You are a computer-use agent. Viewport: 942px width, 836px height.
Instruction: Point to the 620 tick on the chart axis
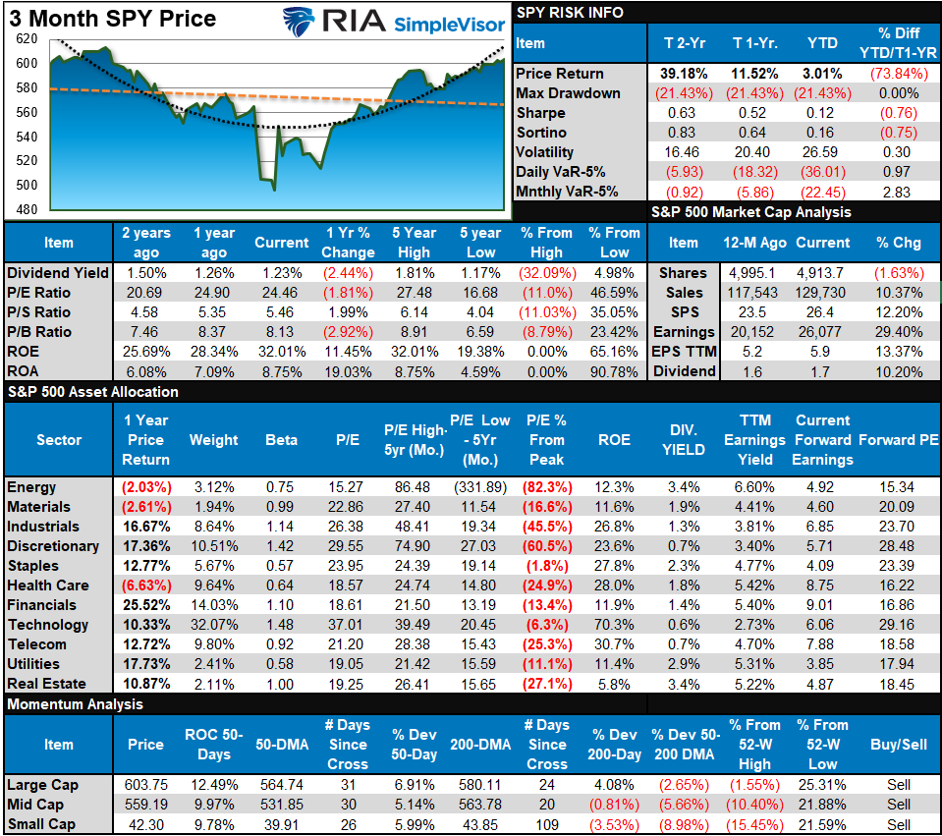click(27, 38)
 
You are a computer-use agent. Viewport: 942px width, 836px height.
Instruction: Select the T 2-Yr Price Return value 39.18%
click(676, 74)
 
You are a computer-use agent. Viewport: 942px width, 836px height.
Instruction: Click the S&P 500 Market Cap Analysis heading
click(750, 212)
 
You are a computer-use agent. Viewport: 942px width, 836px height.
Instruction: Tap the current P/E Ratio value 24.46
click(282, 292)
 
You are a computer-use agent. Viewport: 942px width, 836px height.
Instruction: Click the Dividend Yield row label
click(57, 272)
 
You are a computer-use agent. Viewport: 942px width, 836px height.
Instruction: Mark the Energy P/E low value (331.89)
click(480, 487)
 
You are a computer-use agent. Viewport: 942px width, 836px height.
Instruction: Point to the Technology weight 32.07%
click(214, 625)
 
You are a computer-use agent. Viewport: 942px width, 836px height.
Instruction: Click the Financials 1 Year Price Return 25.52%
click(145, 605)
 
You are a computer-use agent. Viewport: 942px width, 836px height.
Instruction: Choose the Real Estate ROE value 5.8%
click(615, 684)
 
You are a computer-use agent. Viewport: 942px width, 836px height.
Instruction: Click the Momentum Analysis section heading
click(75, 704)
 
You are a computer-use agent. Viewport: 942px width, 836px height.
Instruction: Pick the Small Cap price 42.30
click(145, 825)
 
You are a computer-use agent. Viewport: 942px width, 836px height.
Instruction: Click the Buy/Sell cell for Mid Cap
click(898, 805)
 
